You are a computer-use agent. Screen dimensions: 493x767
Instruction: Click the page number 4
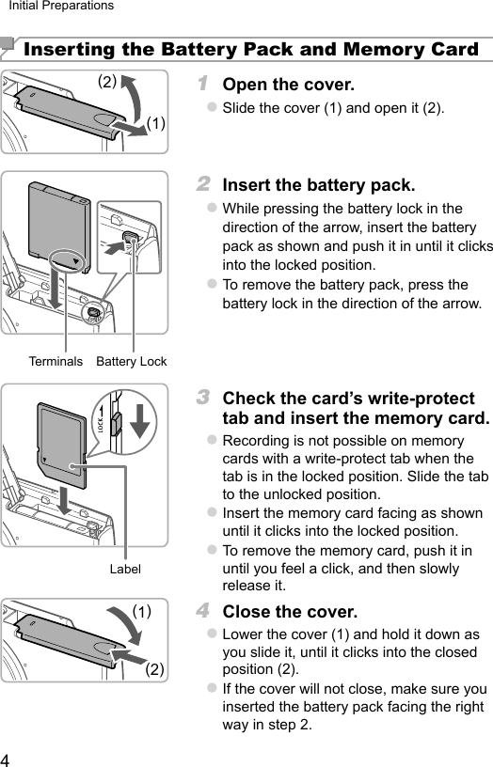tap(5, 760)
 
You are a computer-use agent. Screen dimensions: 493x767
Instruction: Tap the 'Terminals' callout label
tap(56, 362)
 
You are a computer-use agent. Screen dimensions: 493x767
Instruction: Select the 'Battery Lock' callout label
tap(131, 362)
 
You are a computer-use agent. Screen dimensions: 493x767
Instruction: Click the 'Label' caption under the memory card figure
tap(125, 569)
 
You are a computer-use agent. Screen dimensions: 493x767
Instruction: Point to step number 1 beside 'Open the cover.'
tap(202, 83)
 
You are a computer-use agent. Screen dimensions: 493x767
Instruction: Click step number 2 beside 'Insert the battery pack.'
tap(203, 184)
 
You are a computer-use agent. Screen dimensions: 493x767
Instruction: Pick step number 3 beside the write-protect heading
tap(203, 398)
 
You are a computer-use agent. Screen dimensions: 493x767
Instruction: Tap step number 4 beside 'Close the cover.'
tap(203, 610)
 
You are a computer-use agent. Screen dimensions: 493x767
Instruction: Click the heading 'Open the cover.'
tap(288, 85)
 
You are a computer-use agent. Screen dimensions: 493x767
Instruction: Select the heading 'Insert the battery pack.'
tap(319, 185)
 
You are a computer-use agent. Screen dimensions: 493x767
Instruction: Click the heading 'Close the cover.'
tap(290, 612)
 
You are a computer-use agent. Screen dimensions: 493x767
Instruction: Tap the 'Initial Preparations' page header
tap(61, 6)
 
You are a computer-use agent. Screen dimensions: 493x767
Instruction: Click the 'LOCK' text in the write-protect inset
tap(100, 426)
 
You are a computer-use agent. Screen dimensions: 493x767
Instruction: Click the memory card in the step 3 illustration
tap(62, 446)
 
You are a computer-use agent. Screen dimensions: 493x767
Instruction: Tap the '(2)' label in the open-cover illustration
tap(107, 81)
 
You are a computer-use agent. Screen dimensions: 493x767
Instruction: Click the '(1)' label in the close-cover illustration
tap(142, 612)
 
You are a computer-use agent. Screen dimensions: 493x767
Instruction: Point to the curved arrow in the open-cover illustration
tap(135, 97)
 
